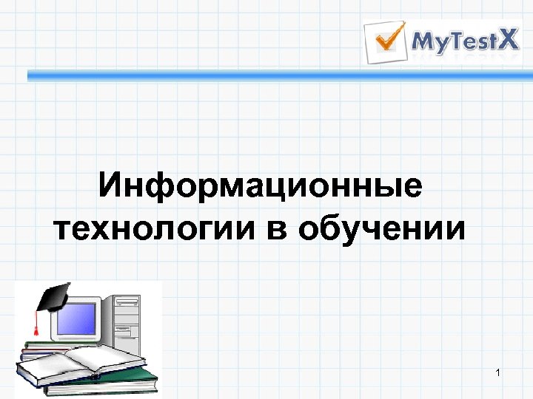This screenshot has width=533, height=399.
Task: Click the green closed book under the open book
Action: (111, 386)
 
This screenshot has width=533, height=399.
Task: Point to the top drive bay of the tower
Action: (127, 301)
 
